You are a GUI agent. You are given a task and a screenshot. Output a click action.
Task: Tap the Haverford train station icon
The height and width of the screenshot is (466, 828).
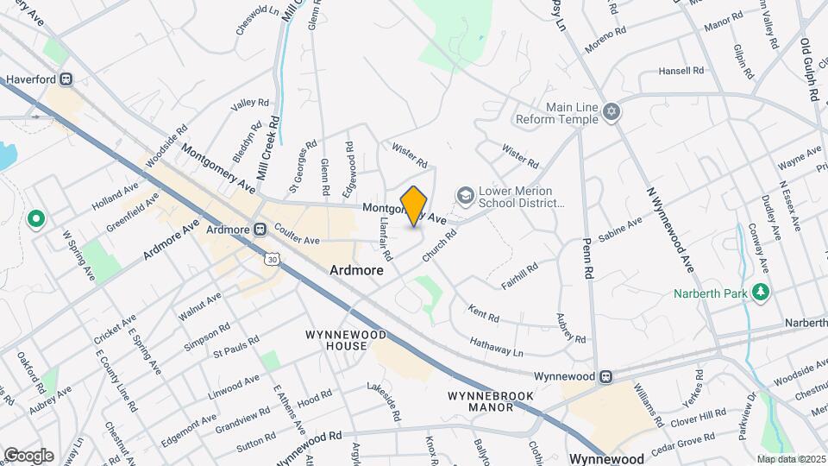click(x=66, y=79)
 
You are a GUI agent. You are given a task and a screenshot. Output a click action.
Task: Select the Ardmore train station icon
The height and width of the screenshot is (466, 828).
click(x=259, y=230)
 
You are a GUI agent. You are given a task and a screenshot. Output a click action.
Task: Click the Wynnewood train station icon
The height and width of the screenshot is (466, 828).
click(x=606, y=377)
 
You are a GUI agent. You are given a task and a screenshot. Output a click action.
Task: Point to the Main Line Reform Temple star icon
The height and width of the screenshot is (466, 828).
click(x=612, y=113)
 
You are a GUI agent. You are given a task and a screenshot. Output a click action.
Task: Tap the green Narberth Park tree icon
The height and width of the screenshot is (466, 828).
click(x=760, y=293)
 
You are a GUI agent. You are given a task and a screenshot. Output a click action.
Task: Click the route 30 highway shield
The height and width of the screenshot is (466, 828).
click(x=273, y=258)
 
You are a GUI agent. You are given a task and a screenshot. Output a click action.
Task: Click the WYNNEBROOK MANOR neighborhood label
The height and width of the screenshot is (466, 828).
click(x=490, y=401)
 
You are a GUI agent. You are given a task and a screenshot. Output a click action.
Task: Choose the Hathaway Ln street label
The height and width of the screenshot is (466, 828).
click(x=497, y=347)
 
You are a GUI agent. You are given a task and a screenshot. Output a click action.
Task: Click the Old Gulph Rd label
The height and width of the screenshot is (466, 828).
click(x=809, y=70)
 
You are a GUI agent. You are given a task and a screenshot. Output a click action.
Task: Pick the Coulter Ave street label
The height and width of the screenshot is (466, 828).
click(x=297, y=234)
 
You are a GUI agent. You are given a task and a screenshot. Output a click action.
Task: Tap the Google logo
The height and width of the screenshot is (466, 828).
click(x=28, y=455)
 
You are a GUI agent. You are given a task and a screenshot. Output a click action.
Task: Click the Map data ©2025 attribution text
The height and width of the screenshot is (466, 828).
click(x=791, y=459)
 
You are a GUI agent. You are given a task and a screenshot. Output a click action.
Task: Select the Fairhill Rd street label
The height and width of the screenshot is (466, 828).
click(x=525, y=275)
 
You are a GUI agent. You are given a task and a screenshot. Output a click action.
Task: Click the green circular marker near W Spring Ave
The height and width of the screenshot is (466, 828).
click(x=36, y=219)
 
